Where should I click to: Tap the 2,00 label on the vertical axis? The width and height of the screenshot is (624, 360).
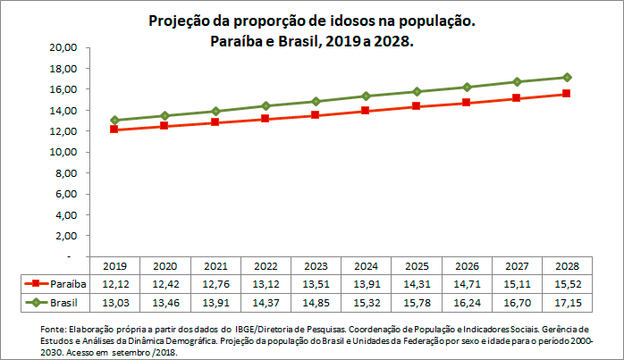coord(72,236)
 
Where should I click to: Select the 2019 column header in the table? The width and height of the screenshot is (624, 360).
coord(114,266)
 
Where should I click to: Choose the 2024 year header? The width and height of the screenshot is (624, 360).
coord(366,266)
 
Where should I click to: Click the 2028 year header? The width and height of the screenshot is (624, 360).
coord(568,266)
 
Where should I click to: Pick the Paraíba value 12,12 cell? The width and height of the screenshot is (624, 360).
coord(114,284)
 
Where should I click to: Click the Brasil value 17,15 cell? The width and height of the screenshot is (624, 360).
coord(568,303)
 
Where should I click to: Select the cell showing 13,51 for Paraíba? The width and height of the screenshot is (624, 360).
coord(316,284)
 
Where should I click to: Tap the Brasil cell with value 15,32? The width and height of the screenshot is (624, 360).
coord(366,303)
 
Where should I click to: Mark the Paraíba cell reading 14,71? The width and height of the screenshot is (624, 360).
coord(467,284)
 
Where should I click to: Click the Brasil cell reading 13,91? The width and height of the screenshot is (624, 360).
coord(215,303)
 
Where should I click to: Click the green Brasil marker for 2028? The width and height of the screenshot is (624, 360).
coord(568,77)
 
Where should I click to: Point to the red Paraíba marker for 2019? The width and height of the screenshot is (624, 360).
coord(114,130)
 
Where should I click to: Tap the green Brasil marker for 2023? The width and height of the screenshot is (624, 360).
coord(316,101)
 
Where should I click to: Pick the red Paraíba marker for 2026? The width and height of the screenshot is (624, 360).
coord(467,103)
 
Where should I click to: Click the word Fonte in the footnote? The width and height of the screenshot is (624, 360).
coord(54,330)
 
